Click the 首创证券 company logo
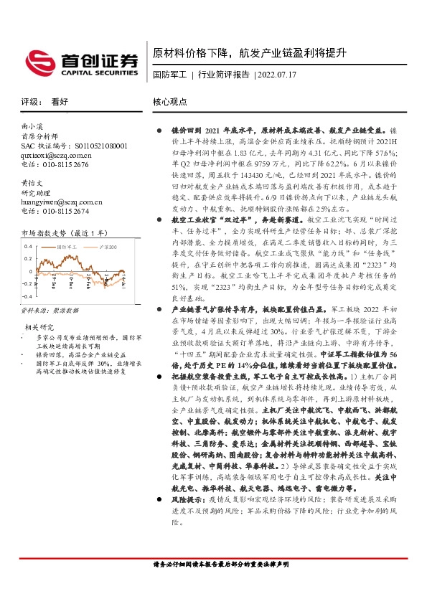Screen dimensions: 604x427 [80, 62]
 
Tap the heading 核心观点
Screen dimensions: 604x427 [169, 103]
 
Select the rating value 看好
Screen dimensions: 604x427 [60, 103]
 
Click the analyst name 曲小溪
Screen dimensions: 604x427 [34, 126]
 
